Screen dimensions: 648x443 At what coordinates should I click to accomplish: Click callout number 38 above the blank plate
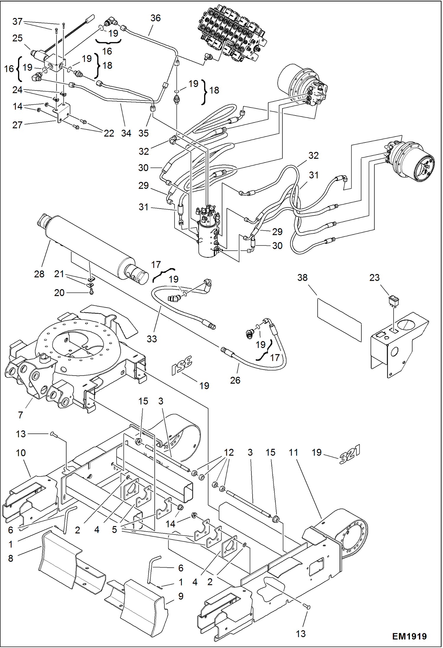click(x=302, y=277)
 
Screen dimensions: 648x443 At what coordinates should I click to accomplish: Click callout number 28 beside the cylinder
click(x=39, y=274)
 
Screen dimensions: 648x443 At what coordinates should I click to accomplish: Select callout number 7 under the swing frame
click(x=20, y=415)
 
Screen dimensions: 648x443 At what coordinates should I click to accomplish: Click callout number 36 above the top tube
click(x=156, y=18)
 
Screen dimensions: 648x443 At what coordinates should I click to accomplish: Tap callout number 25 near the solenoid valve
click(x=17, y=38)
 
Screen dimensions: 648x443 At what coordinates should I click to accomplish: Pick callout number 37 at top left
click(x=17, y=21)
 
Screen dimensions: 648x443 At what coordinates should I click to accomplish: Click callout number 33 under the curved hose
click(x=152, y=339)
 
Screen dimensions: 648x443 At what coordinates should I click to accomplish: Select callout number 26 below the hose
click(x=235, y=380)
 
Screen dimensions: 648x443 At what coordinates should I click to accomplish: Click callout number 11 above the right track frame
click(x=293, y=452)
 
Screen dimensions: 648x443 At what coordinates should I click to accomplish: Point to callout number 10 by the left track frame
click(x=21, y=453)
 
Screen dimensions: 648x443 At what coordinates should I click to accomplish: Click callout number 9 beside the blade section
click(x=181, y=596)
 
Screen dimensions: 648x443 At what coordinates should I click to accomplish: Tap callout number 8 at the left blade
click(x=11, y=558)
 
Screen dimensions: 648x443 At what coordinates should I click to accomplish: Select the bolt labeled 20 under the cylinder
click(x=91, y=292)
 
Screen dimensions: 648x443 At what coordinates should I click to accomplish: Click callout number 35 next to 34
click(x=143, y=133)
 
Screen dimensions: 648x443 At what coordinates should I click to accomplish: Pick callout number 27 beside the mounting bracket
click(x=17, y=125)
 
